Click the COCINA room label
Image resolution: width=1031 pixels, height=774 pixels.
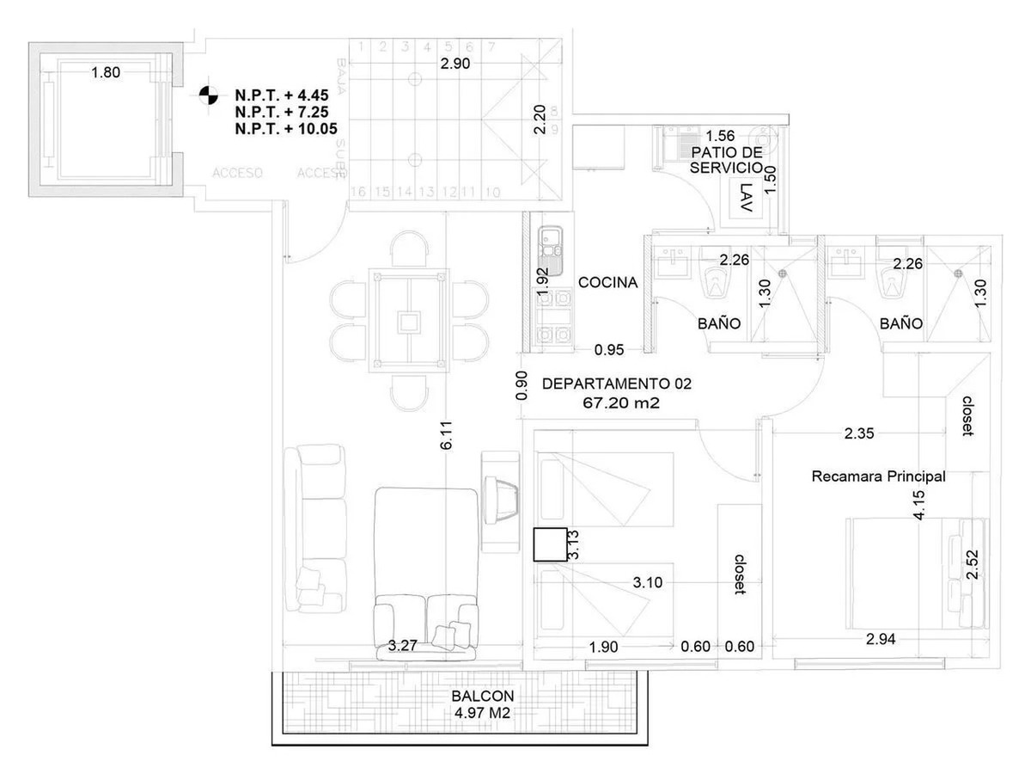pyautogui.click(x=607, y=282)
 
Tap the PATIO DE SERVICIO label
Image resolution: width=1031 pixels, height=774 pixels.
pyautogui.click(x=726, y=160)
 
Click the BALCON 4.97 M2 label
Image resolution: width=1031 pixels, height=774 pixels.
pyautogui.click(x=482, y=703)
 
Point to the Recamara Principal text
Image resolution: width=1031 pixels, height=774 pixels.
pyautogui.click(x=878, y=476)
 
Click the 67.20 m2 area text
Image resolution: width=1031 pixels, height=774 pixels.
pyautogui.click(x=617, y=402)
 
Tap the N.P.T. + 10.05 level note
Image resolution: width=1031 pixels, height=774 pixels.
pyautogui.click(x=286, y=129)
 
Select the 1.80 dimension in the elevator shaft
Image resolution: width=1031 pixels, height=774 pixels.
pyautogui.click(x=106, y=73)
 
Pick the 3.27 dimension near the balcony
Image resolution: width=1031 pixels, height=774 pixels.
pyautogui.click(x=404, y=646)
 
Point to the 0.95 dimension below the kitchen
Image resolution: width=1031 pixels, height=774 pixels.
pyautogui.click(x=608, y=350)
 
